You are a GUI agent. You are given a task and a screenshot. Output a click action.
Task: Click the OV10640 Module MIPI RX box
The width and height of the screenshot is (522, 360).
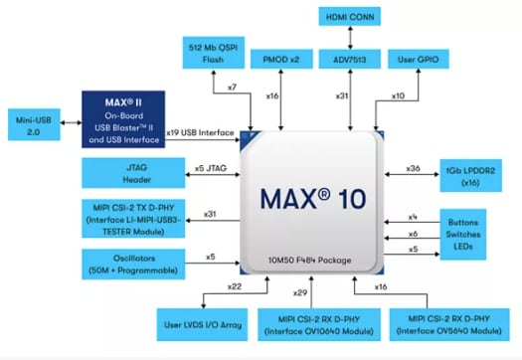(321, 322)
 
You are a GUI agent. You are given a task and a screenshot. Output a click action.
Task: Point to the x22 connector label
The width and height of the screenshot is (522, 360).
(235, 286)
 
